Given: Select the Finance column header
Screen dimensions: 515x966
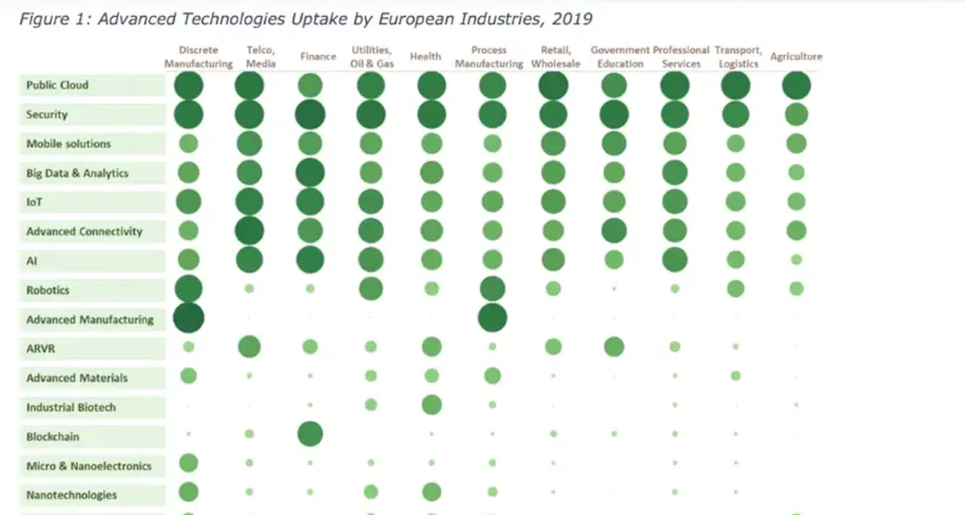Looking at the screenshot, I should pos(318,56).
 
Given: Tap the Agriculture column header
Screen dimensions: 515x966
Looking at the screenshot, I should pos(795,56).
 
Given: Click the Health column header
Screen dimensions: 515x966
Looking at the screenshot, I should pos(425,56).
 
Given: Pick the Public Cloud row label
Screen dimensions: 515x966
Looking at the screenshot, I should pos(57,85).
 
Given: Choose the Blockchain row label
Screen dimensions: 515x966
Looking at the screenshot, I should pos(52,437).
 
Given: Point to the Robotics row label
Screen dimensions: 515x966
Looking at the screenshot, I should pos(47,290).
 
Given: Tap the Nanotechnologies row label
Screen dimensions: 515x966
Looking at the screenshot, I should pos(72,495).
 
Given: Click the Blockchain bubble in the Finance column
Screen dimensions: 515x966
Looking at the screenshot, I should pos(310,435).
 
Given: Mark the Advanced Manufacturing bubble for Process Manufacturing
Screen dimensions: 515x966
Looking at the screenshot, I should pos(492,318).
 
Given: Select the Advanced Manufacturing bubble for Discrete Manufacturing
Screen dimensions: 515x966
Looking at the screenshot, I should pos(188,318).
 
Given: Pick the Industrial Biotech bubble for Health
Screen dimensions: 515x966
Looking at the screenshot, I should pos(431,405).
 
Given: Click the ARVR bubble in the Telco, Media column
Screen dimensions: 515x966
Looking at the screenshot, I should pos(250,347).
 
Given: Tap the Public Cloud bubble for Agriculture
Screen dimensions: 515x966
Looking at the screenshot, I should pos(796,85).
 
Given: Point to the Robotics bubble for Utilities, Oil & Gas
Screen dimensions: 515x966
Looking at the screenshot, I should pos(370,288).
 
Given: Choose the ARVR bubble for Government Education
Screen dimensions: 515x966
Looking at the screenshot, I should pos(613,347).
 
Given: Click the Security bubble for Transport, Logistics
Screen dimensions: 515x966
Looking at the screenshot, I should pos(735,115).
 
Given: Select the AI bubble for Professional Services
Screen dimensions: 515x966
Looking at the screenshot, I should pos(675,259).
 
